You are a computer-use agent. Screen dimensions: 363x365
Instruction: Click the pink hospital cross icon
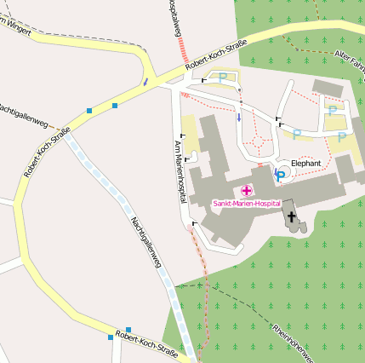point(247,191)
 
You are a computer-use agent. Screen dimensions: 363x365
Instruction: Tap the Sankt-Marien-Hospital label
point(247,205)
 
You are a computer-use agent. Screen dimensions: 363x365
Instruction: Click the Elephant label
point(306,162)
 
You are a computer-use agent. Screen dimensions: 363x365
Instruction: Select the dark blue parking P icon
point(280,175)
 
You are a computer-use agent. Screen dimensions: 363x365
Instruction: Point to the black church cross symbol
point(293,217)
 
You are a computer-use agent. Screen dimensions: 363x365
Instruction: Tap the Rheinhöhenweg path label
point(294,341)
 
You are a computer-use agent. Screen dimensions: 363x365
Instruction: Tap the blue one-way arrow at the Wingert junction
point(146,82)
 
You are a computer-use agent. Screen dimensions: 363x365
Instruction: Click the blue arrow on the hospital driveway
point(239,116)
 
